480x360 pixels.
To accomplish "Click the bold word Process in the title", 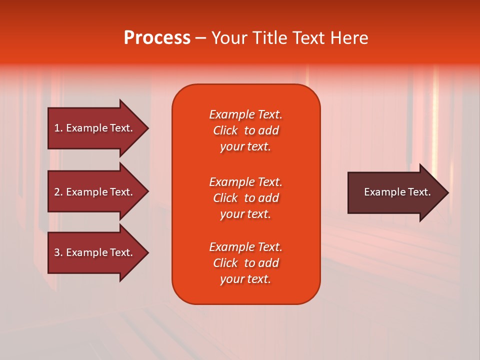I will coord(157,38).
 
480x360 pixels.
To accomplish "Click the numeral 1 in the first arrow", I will coord(57,128).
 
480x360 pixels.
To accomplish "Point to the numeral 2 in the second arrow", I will coord(57,192).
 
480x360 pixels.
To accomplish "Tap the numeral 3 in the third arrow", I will coord(57,253).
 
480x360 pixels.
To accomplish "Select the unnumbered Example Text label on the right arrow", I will coord(397,192).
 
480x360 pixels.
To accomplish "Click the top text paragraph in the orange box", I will coord(245,130).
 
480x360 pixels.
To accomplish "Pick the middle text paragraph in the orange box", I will coord(245,198).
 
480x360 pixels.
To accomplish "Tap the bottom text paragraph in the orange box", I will coord(245,263).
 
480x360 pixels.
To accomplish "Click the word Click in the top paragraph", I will coord(225,130).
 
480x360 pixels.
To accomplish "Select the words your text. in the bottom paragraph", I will coord(245,279).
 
